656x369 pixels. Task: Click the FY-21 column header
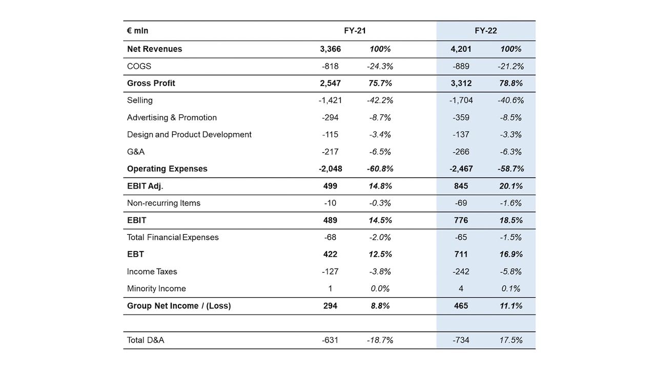point(355,31)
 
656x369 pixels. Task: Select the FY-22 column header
point(485,31)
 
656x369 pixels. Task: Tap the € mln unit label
point(137,31)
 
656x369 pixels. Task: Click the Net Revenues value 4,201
point(461,49)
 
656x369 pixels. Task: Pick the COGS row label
point(139,66)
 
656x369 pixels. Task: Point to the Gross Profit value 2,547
point(330,83)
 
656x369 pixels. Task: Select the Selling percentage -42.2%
point(380,100)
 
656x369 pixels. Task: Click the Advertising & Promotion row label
point(172,117)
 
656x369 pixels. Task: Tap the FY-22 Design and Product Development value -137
point(461,135)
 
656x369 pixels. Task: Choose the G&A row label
point(136,152)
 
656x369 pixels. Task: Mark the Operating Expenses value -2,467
point(461,169)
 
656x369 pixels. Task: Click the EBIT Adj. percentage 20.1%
point(510,186)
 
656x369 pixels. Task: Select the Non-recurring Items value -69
point(461,203)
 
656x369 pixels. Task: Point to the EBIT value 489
point(330,220)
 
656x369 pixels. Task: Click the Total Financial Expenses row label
point(173,237)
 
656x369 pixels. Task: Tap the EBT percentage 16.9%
point(510,254)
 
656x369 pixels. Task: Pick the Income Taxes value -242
point(461,272)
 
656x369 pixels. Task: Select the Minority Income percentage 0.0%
point(380,289)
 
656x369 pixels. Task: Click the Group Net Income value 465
point(461,306)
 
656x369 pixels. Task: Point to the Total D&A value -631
point(330,340)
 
